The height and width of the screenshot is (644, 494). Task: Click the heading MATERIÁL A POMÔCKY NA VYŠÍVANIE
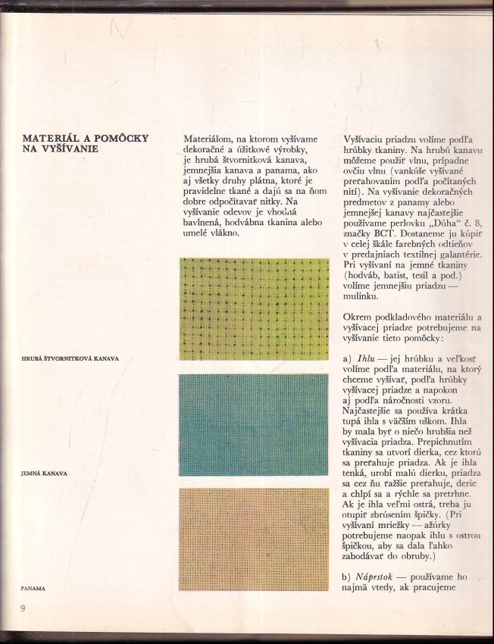[86, 143]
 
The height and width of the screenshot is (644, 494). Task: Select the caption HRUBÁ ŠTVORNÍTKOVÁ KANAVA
[70, 358]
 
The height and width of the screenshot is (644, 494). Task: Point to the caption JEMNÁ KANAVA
[45, 473]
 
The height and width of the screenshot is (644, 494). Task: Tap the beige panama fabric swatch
[254, 539]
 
